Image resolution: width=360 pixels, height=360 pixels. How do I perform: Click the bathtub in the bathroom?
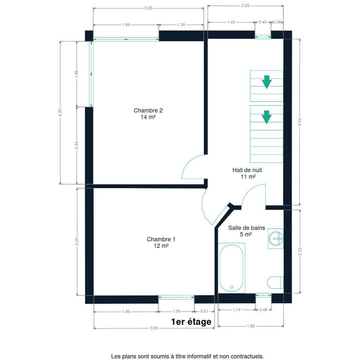(x=232, y=268)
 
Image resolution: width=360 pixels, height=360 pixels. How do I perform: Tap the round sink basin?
(x=276, y=239)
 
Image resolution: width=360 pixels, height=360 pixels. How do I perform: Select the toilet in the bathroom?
(x=275, y=282)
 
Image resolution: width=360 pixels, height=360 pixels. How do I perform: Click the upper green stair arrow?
(x=266, y=82)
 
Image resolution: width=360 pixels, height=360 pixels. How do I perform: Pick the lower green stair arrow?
(x=266, y=117)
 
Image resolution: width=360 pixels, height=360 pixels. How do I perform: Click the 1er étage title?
(x=191, y=322)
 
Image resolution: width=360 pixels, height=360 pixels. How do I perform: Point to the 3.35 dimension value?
(x=148, y=8)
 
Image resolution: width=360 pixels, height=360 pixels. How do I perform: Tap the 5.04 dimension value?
(x=300, y=122)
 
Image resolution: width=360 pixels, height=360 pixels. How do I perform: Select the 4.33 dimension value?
(x=60, y=112)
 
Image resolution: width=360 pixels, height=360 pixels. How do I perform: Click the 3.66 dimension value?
(x=154, y=328)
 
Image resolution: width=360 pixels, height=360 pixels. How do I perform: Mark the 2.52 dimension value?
(x=300, y=251)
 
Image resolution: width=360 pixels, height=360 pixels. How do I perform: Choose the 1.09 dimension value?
(x=176, y=311)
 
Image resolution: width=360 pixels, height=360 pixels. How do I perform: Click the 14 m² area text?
(x=148, y=117)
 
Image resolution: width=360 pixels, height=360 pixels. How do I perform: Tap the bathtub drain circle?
(x=232, y=288)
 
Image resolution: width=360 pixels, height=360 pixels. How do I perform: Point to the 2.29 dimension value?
(x=245, y=6)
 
